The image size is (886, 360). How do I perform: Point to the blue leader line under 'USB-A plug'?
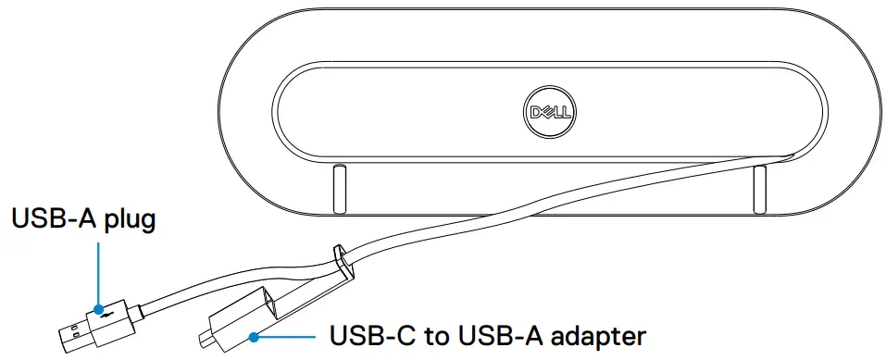pos(97,273)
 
